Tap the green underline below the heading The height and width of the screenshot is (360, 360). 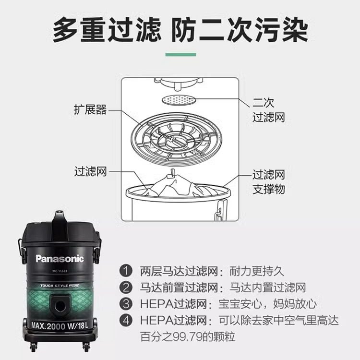(180, 54)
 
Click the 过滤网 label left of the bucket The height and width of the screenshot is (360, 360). (90, 171)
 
